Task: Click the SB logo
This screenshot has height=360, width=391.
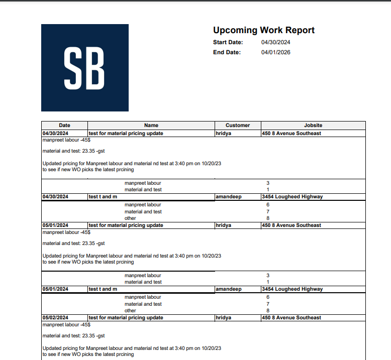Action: pos(84,68)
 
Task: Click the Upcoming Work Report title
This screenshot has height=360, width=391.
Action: pos(263,30)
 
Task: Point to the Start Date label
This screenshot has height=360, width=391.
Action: pos(228,43)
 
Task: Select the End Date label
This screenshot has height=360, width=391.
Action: pos(227,52)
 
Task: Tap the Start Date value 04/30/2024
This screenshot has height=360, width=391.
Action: pos(275,43)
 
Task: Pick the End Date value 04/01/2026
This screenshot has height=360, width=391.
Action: pos(275,52)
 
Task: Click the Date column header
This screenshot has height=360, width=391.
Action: pos(64,125)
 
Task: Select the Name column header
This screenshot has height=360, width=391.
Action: pos(151,125)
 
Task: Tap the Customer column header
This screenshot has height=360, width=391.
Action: pos(237,125)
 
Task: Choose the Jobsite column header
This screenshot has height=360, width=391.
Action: pos(313,125)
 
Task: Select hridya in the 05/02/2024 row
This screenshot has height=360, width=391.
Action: pos(223,318)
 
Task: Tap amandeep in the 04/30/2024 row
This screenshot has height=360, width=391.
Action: pos(228,197)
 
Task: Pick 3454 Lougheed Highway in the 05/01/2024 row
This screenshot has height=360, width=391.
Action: pos(292,289)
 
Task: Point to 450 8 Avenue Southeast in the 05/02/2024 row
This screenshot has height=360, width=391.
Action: pos(291,318)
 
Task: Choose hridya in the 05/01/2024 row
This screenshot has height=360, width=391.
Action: pos(223,225)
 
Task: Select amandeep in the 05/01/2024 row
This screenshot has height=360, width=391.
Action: pos(228,289)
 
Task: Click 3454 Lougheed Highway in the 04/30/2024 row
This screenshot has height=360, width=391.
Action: pos(292,197)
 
